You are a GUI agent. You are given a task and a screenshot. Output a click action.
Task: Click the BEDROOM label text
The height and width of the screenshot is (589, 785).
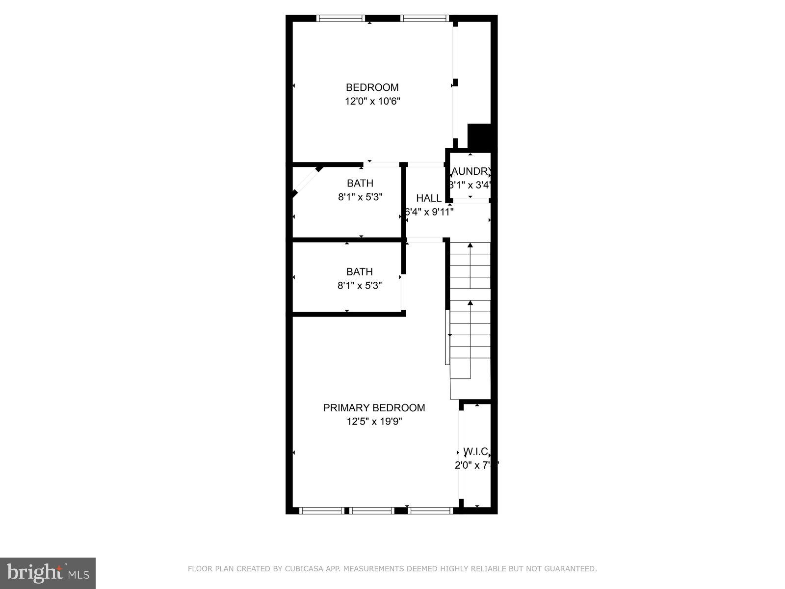point(372,87)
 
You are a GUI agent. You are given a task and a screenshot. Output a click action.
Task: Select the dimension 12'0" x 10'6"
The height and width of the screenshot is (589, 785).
point(372,102)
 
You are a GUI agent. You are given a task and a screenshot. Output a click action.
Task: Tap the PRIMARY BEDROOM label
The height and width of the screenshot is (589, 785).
point(374,408)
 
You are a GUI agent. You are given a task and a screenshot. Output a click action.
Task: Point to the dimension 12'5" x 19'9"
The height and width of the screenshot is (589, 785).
point(374,422)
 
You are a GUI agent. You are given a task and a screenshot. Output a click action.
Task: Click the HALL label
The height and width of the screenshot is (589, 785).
point(429,198)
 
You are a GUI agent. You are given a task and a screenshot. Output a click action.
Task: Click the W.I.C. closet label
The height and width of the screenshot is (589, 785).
point(475,452)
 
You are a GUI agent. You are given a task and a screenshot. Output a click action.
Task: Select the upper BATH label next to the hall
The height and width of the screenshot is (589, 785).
point(360,183)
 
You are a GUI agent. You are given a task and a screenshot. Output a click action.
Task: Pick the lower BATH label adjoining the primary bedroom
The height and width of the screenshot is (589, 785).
point(360,271)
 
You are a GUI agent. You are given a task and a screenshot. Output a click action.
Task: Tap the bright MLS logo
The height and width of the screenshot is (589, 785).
point(48,573)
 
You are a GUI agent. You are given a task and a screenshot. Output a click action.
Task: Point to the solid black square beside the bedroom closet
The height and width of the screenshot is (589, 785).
point(479,136)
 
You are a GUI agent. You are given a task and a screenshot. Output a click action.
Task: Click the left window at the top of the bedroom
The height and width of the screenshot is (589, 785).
point(341,19)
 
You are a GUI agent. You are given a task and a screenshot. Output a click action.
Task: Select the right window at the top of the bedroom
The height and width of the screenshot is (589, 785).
point(425,19)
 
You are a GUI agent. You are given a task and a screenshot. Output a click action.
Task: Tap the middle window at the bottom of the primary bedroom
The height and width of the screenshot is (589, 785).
point(372,511)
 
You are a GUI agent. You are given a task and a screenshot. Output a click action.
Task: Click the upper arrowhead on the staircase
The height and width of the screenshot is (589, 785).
point(471,244)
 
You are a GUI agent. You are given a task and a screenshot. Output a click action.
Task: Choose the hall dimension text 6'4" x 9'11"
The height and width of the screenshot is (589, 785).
point(429,212)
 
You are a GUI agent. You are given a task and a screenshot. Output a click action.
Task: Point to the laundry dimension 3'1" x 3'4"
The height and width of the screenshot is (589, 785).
point(470,185)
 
